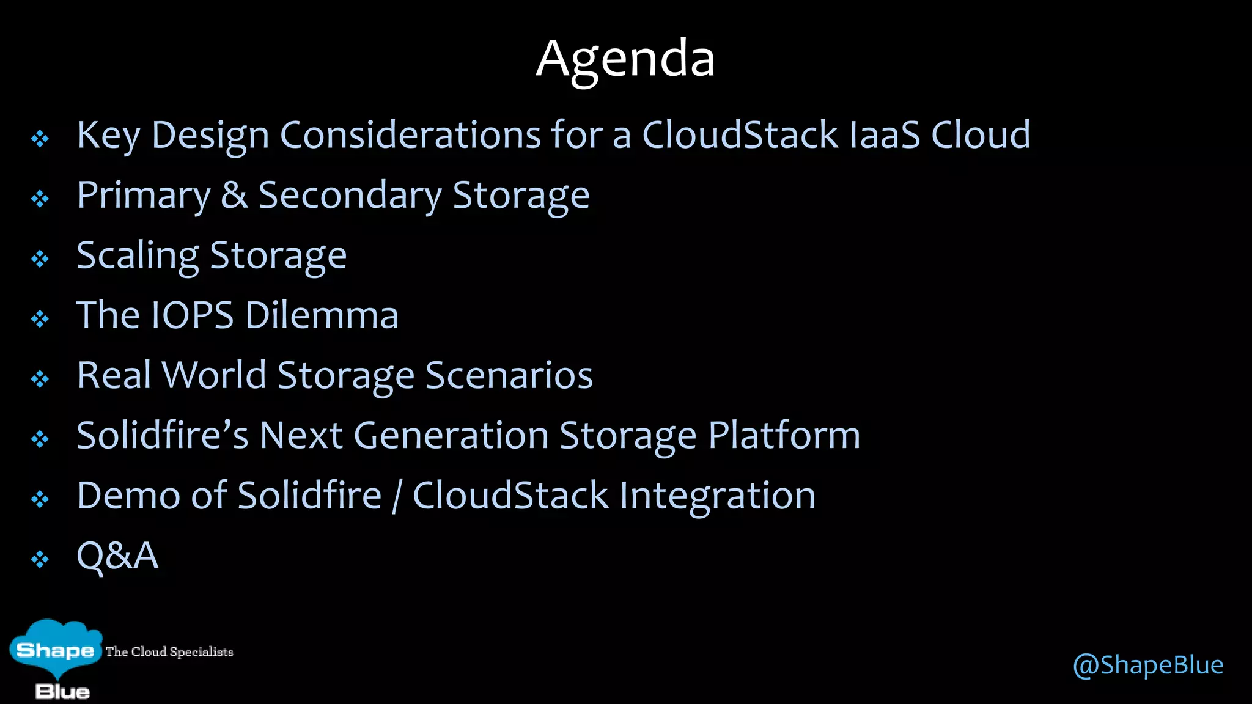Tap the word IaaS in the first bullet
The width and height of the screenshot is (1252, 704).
coord(885,135)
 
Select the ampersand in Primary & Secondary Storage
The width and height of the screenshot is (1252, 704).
coord(234,196)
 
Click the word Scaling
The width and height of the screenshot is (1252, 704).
coord(138,256)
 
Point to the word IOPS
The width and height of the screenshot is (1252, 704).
coord(192,315)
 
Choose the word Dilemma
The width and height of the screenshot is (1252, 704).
coord(322,315)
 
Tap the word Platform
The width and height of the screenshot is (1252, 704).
coord(784,436)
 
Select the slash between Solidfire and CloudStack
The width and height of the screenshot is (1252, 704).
coord(397,496)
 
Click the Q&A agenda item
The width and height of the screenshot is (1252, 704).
coord(117,555)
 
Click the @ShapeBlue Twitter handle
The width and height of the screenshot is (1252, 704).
coord(1147,665)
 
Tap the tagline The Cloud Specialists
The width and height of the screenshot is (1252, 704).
coord(169,651)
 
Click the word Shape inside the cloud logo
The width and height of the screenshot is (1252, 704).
coord(55,650)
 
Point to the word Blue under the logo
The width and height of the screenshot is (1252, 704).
coord(62,692)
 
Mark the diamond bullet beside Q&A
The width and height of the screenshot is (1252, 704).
coord(40,559)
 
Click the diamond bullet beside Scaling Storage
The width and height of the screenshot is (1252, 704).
coord(40,258)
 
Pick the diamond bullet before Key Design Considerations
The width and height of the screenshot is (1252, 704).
coord(40,139)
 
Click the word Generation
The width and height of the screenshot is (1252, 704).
coord(451,436)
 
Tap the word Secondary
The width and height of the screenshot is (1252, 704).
coord(350,196)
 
